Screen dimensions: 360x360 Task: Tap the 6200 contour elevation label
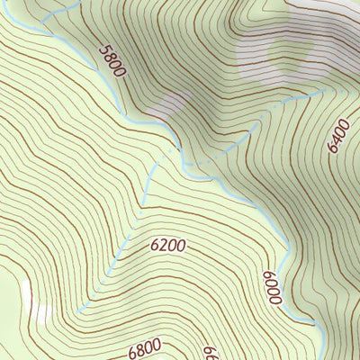[x=168, y=244]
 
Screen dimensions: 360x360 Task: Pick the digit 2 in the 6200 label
[x=164, y=245]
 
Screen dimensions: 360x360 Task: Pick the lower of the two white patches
[x=40, y=313]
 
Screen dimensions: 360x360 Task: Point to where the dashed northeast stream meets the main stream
[x=184, y=162]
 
